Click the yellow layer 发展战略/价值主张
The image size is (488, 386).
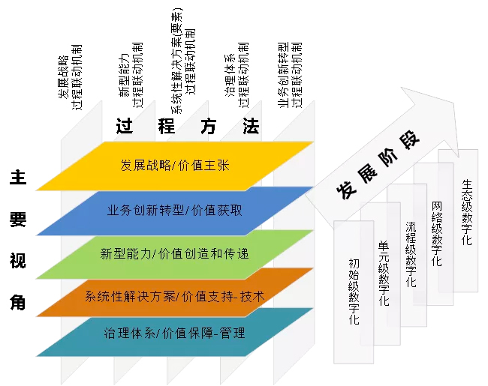[x=175, y=166]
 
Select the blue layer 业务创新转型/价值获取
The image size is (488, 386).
[x=175, y=211]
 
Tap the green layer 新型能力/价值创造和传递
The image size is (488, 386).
[x=175, y=254]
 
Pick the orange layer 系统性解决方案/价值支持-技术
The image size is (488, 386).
[x=175, y=296]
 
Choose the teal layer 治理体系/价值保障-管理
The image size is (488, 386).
[x=175, y=334]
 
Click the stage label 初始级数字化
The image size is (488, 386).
[x=354, y=292]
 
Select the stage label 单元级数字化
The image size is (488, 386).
[x=384, y=274]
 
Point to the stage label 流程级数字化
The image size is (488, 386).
[x=411, y=254]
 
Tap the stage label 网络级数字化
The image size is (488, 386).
[x=437, y=234]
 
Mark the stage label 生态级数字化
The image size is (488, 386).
[x=467, y=212]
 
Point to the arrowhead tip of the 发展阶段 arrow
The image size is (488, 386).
[x=458, y=157]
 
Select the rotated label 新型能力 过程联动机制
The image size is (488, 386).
[x=131, y=76]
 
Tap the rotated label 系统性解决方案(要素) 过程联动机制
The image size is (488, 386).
[x=183, y=61]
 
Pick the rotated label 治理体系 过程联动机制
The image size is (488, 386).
[x=236, y=76]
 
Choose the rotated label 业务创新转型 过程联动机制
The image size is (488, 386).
[x=290, y=75]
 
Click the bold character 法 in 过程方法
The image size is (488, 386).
[x=251, y=126]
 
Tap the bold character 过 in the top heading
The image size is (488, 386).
[x=125, y=126]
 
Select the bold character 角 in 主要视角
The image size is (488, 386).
[x=18, y=302]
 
